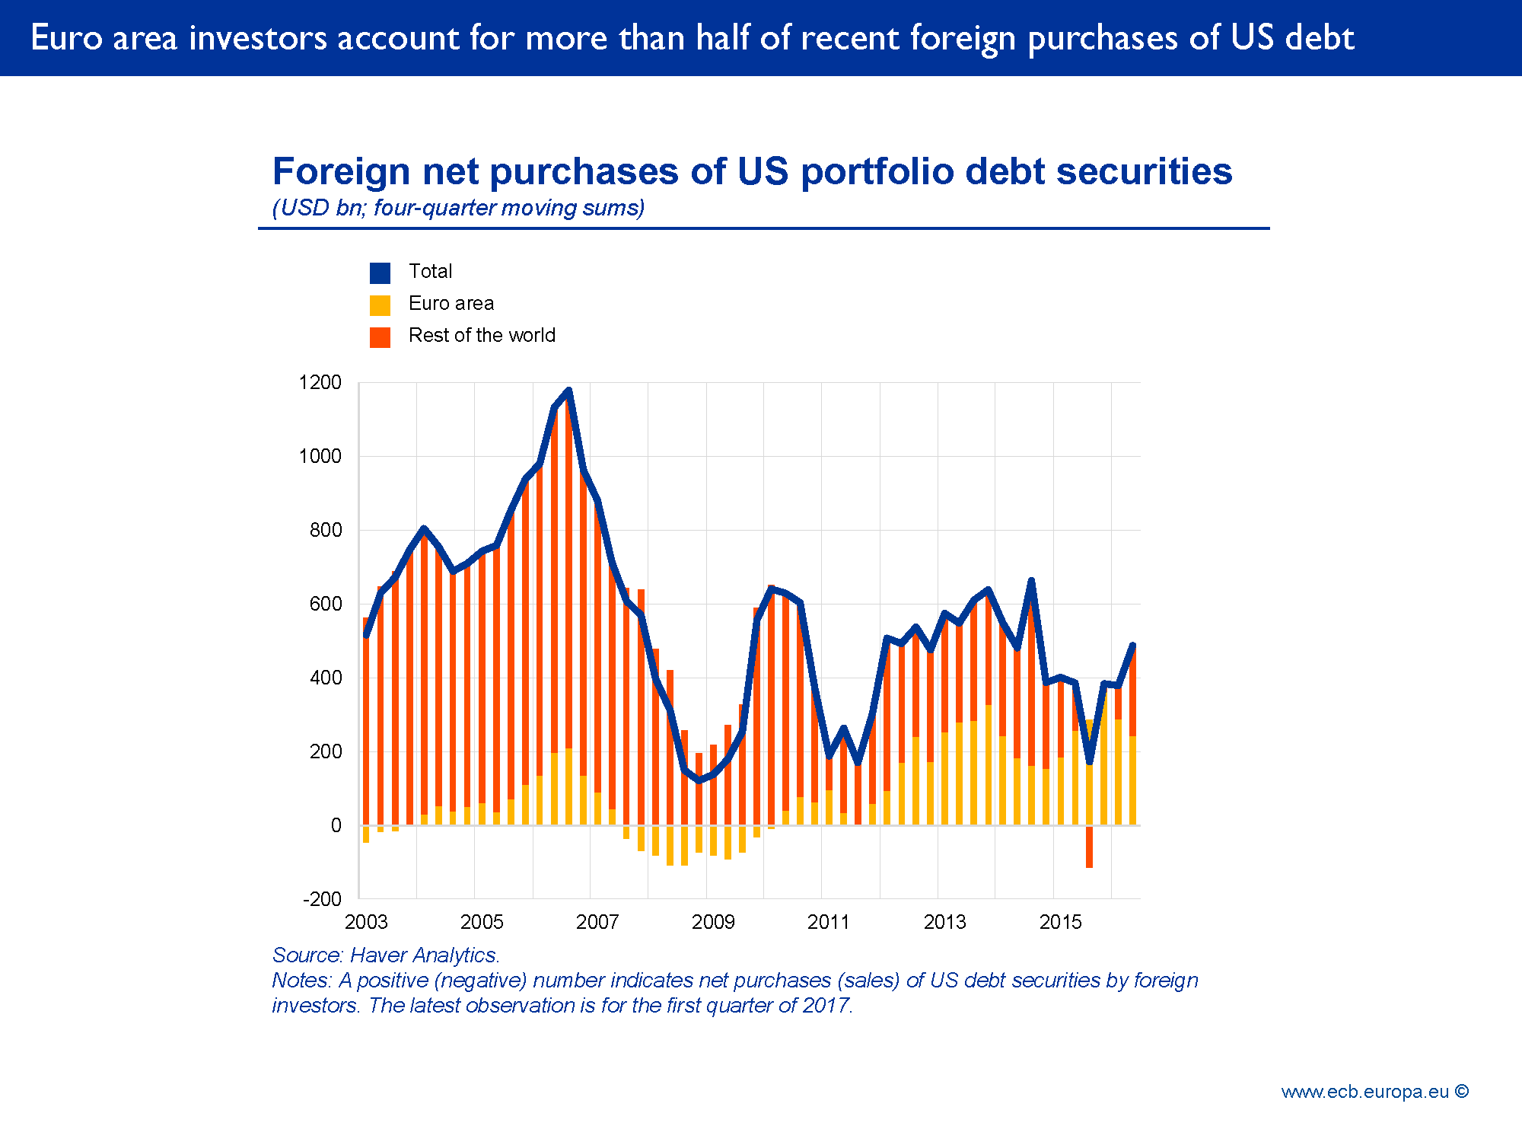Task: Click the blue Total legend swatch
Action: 380,273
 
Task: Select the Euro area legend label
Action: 451,304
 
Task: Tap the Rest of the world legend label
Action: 481,336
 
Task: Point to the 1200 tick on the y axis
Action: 320,382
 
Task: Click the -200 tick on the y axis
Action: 322,899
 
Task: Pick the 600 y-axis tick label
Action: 325,604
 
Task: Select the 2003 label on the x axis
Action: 366,922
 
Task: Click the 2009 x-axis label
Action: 713,922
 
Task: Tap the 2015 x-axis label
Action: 1060,922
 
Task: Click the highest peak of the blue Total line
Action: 568,391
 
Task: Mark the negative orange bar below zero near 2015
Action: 1089,847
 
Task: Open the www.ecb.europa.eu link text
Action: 1364,1092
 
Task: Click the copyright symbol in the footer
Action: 1461,1091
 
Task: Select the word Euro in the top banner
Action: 66,38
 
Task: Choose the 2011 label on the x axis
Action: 828,922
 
